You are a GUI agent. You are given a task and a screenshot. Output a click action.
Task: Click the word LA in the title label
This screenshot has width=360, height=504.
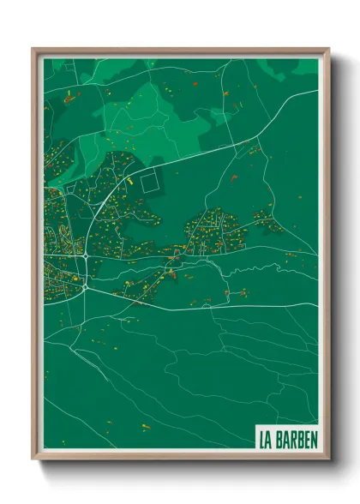pos(266,440)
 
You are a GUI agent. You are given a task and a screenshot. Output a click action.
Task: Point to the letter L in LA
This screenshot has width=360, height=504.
pos(262,440)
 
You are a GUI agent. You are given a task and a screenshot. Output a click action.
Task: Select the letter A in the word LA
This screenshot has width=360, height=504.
pos(269,440)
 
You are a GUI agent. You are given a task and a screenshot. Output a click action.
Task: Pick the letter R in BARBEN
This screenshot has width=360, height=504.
pos(292,440)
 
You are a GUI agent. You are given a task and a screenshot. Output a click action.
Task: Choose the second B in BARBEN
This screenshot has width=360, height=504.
pos(299,440)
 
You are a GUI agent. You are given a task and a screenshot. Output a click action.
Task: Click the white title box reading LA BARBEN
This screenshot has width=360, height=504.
pos(288,440)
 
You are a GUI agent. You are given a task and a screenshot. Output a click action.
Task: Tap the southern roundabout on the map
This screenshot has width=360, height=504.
pos(84,286)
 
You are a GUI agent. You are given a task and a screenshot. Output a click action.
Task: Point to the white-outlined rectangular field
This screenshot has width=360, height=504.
pos(151,183)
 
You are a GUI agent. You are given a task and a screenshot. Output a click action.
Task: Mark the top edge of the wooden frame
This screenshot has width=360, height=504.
pos(180,50)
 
